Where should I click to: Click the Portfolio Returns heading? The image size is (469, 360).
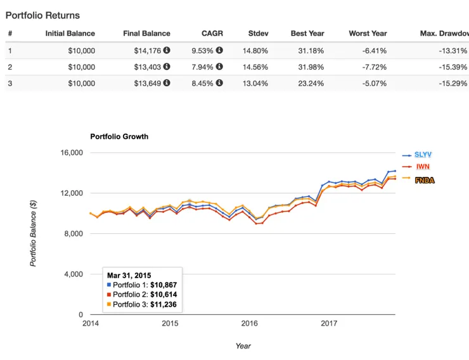tap(42, 15)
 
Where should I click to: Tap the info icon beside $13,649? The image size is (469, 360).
tap(167, 83)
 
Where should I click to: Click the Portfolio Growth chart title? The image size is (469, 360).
tap(119, 136)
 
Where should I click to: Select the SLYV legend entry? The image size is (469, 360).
tap(424, 155)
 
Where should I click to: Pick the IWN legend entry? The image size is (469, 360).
tap(421, 167)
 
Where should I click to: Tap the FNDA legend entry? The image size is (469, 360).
tap(425, 180)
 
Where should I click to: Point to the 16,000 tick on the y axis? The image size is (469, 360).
tap(72, 153)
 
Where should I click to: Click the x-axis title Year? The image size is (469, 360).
tap(243, 346)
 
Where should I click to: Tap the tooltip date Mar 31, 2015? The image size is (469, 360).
tap(129, 276)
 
